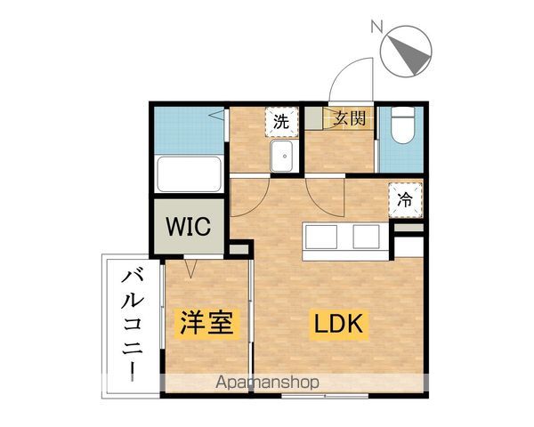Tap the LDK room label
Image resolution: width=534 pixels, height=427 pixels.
337,325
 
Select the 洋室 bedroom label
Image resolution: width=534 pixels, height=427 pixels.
209,323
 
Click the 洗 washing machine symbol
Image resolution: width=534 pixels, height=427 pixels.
281,121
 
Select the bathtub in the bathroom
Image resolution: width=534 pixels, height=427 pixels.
190,174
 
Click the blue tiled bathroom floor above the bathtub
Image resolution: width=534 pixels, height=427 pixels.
187,131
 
